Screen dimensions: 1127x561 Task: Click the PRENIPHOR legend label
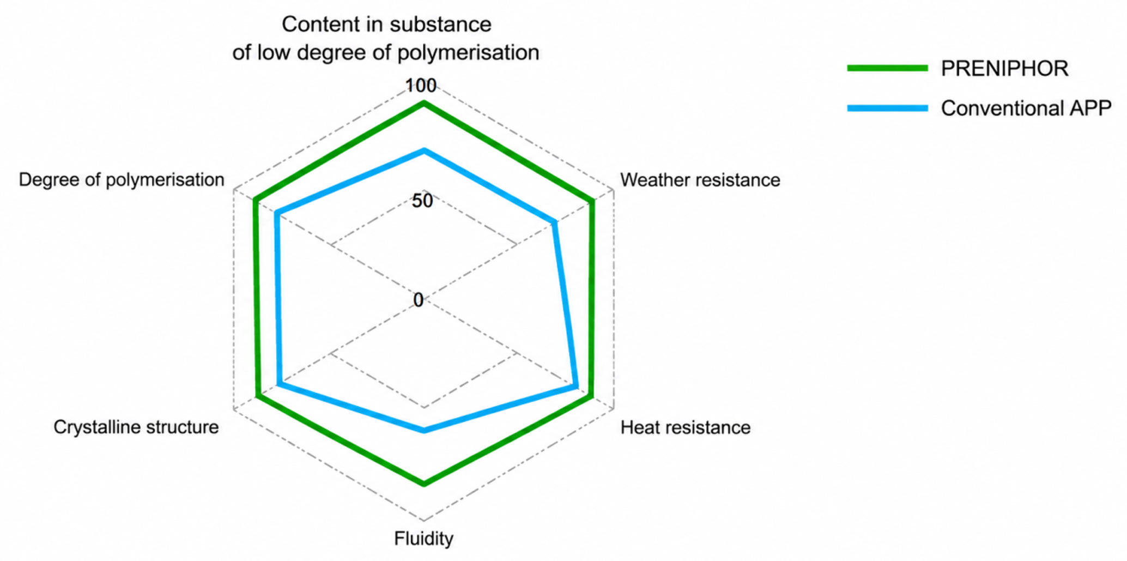pos(1004,69)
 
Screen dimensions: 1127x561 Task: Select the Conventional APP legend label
pos(1026,108)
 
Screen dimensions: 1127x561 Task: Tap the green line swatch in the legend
pos(887,68)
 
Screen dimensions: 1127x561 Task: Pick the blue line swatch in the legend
pos(887,108)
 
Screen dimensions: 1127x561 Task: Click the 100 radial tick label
pos(421,86)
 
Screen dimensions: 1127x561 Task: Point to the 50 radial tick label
pos(422,201)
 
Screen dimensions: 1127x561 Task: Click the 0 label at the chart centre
pos(418,300)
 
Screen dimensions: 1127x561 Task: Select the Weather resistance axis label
pos(700,180)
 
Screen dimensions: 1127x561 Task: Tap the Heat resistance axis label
pos(686,427)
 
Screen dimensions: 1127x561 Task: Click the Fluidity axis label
pos(423,539)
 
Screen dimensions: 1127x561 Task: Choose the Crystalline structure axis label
pos(136,427)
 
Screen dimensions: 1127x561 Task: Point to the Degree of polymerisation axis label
pos(122,180)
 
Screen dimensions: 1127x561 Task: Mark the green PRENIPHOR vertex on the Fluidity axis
pos(424,483)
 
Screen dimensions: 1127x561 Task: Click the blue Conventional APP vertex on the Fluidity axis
pos(424,430)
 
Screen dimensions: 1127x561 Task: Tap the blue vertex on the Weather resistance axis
pos(554,222)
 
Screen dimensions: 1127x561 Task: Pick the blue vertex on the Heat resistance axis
pos(576,387)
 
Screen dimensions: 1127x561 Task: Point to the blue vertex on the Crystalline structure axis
pos(277,384)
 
